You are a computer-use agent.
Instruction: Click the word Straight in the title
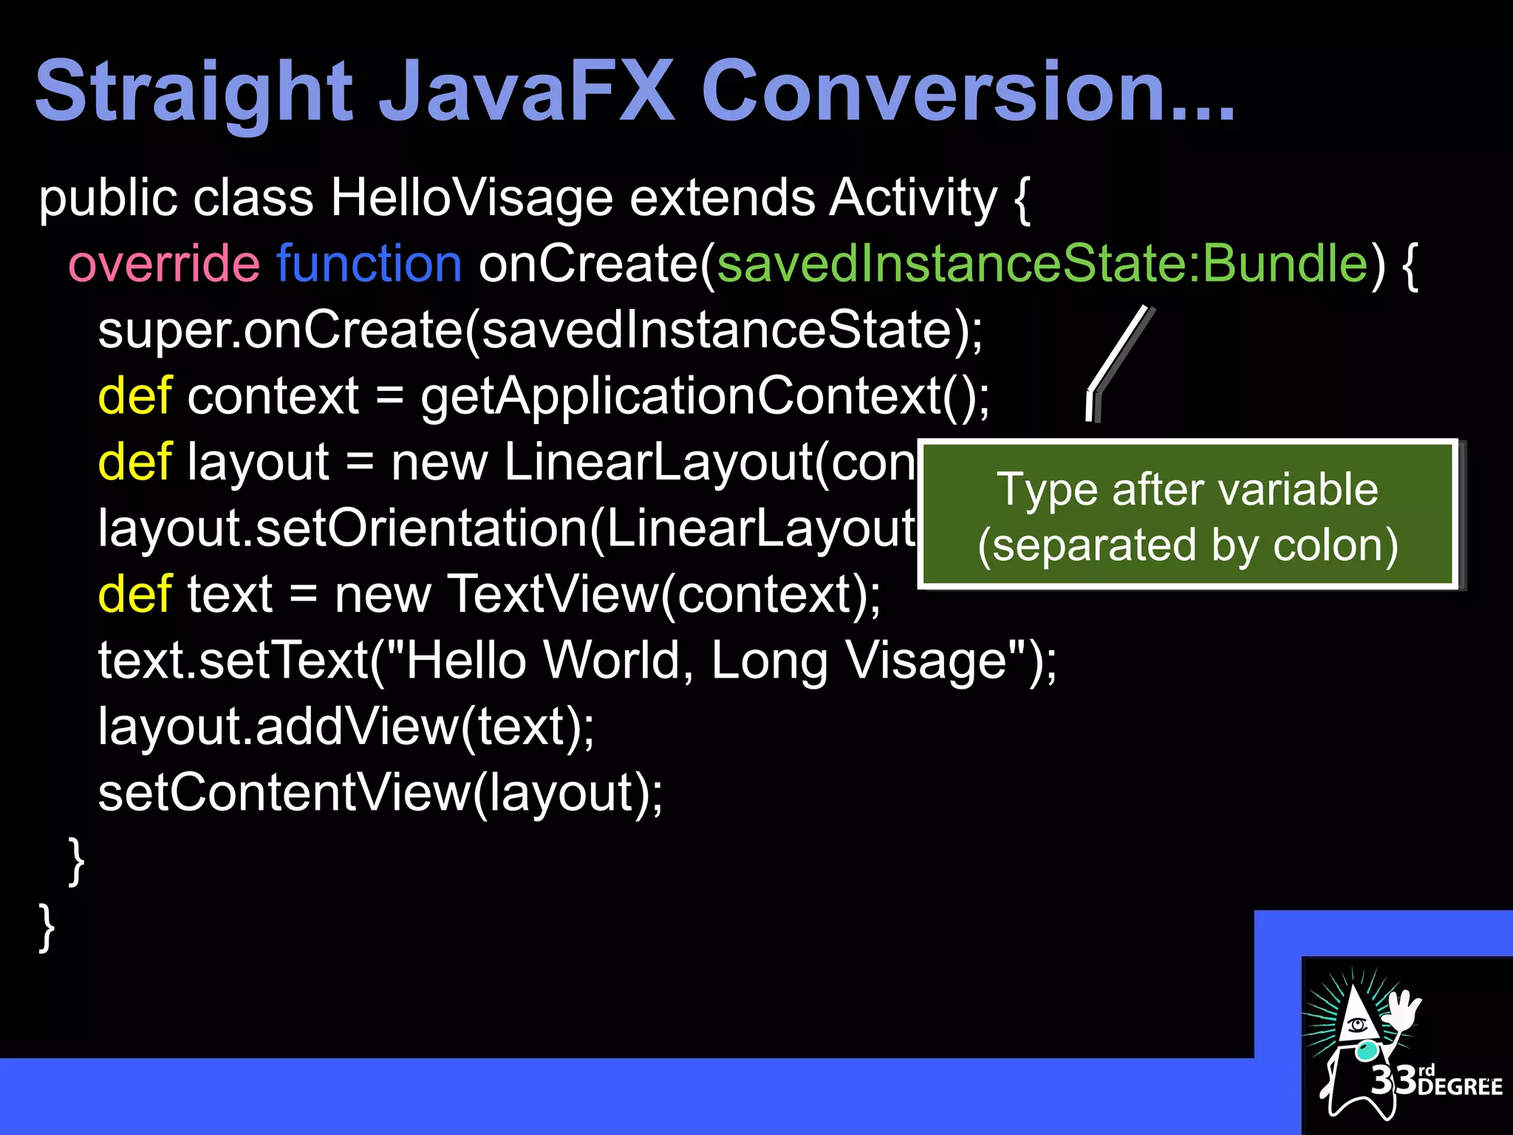pyautogui.click(x=194, y=92)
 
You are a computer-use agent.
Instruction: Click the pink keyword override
pyautogui.click(x=163, y=265)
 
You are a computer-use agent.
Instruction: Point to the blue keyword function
pyautogui.click(x=369, y=265)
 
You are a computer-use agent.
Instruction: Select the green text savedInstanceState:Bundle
pyautogui.click(x=1042, y=265)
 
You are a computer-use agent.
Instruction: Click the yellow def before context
pyautogui.click(x=134, y=397)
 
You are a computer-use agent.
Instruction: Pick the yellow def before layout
pyautogui.click(x=134, y=463)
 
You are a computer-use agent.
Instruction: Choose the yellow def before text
pyautogui.click(x=134, y=595)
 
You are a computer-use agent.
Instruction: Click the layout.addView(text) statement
pyautogui.click(x=346, y=727)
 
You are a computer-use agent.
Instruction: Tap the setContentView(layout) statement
pyautogui.click(x=380, y=793)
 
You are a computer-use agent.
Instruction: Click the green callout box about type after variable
pyautogui.click(x=1187, y=516)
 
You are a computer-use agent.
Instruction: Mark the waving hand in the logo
pyautogui.click(x=1401, y=1009)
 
